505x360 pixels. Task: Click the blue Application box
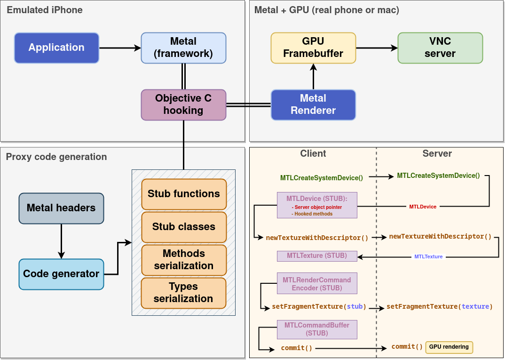click(x=56, y=48)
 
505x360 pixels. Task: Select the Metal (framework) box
click(x=183, y=48)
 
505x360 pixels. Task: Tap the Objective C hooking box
click(x=183, y=104)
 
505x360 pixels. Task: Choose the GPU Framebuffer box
click(x=313, y=48)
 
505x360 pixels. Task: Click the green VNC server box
click(x=440, y=48)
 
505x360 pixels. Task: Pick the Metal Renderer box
click(x=313, y=104)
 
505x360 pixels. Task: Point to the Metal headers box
click(x=61, y=208)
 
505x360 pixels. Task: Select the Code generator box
click(x=61, y=274)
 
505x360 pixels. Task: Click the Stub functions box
click(x=184, y=194)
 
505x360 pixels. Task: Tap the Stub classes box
click(x=184, y=227)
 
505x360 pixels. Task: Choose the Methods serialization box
click(x=184, y=260)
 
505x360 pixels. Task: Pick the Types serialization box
click(x=184, y=293)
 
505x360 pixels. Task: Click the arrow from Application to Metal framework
click(x=120, y=48)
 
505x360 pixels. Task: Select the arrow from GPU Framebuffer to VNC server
click(x=377, y=48)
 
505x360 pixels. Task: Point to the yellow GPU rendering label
click(x=449, y=347)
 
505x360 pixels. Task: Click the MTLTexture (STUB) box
click(x=317, y=256)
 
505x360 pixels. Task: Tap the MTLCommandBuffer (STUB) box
click(x=317, y=329)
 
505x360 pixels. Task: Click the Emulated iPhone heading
click(x=45, y=10)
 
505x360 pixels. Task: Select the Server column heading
click(x=437, y=153)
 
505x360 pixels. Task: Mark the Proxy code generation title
click(x=56, y=157)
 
